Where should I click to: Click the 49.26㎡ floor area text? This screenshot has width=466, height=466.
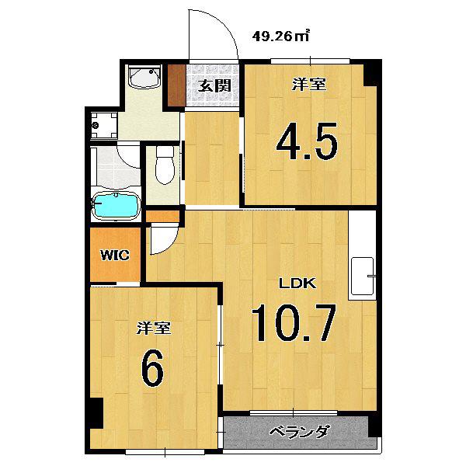[281, 36]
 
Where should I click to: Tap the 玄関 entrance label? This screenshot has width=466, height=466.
[214, 86]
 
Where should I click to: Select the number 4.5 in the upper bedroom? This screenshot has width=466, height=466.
[307, 141]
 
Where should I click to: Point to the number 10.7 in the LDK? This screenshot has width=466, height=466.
[294, 323]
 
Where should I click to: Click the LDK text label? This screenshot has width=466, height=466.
[297, 283]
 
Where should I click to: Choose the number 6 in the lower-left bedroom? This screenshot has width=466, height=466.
[153, 367]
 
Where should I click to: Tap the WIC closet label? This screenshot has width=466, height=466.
[115, 256]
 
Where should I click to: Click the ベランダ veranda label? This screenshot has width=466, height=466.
[300, 431]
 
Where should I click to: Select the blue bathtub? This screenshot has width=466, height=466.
[116, 205]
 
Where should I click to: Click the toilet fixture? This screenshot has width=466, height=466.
[165, 165]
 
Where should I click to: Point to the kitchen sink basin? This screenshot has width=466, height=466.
[363, 276]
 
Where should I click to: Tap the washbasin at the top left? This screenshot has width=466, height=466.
[144, 77]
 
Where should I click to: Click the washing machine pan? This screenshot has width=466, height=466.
[104, 125]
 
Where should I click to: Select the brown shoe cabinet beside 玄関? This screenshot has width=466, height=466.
[177, 85]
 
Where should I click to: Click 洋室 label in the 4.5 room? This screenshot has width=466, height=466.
[309, 84]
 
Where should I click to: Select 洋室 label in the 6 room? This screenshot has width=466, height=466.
[154, 328]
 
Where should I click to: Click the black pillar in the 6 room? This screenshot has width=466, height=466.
[96, 413]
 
